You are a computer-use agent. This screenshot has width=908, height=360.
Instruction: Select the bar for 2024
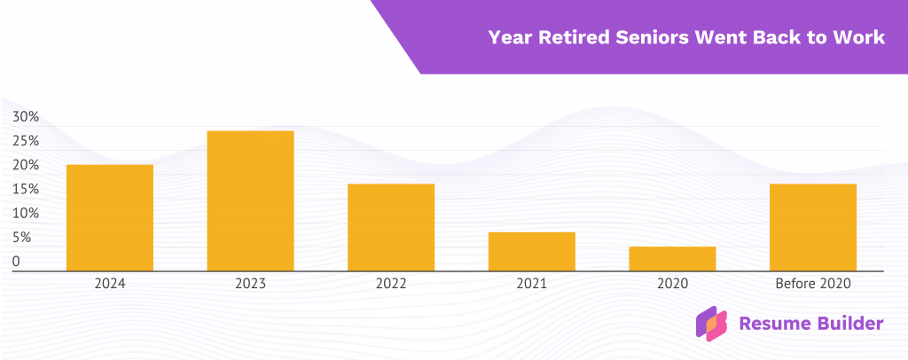coord(110,217)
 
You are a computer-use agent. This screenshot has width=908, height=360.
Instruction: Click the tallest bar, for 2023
coord(250,200)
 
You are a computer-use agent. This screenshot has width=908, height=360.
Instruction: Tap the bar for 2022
coord(391,227)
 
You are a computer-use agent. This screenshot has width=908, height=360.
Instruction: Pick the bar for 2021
coord(531,251)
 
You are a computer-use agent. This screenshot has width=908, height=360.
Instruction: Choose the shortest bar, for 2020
coord(672,258)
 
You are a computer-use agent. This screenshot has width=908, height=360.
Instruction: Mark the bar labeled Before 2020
coord(812,227)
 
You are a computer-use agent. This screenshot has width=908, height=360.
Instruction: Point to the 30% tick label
coord(26,117)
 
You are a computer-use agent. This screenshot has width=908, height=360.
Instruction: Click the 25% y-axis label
coord(26,141)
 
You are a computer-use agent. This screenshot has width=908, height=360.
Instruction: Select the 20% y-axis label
coord(26,165)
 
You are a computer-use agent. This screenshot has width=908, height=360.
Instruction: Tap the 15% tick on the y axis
coord(26,189)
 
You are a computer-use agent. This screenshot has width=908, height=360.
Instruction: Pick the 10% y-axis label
coord(26,214)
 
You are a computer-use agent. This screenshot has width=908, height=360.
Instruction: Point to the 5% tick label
coord(22,238)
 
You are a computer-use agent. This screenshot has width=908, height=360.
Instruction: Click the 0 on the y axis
coord(16,262)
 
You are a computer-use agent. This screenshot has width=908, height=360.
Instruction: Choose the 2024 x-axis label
coord(110,285)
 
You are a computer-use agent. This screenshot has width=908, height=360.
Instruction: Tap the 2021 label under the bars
coord(531,285)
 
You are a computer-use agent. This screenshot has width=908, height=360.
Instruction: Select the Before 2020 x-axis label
coord(812,285)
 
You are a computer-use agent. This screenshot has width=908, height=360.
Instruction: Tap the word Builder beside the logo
coord(844,324)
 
